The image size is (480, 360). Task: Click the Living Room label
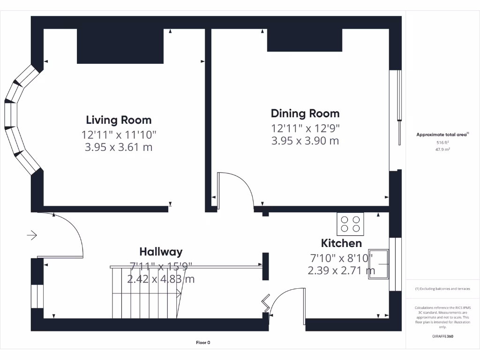119,120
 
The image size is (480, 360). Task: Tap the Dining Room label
305,113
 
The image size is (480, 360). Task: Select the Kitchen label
341,243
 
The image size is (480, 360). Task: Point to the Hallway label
161,252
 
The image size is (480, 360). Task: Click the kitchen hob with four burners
351,224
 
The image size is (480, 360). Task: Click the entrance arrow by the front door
32,235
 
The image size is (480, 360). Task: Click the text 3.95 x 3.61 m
119,147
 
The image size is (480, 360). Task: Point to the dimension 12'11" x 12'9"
305,128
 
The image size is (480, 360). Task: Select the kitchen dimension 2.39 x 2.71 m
341,270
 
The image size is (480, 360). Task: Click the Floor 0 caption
203,343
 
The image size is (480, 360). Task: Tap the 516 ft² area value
442,142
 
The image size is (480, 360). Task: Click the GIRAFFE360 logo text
442,336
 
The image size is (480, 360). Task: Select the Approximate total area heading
442,135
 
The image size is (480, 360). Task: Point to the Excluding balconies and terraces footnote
442,289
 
